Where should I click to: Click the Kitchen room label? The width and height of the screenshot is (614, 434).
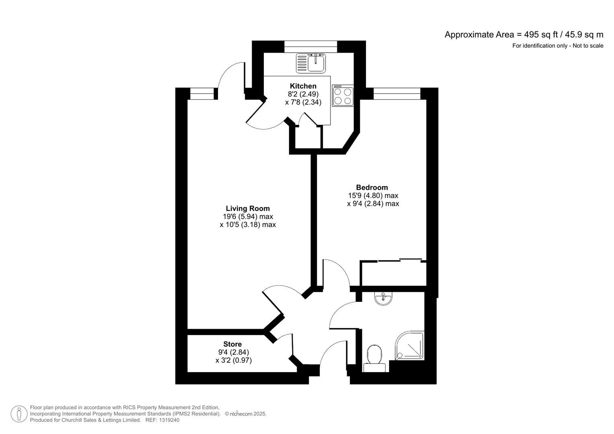(303, 86)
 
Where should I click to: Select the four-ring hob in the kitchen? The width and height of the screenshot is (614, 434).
(343, 96)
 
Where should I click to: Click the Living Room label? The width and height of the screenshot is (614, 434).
(248, 208)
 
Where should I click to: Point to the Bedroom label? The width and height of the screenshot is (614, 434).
(372, 187)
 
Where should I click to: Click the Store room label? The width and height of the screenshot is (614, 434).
(232, 344)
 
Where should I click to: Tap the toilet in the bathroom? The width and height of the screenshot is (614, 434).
(374, 357)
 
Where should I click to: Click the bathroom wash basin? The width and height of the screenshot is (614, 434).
(383, 298)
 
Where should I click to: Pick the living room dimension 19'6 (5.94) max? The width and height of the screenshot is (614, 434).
(248, 217)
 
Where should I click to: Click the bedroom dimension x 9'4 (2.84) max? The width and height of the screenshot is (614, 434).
(373, 204)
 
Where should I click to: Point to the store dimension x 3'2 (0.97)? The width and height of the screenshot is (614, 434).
(233, 360)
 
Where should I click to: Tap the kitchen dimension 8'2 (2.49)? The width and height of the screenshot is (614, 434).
(303, 94)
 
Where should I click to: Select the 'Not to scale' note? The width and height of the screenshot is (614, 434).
(588, 46)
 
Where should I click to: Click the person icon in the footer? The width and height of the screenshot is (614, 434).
(19, 414)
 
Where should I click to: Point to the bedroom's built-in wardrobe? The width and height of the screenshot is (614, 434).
(393, 273)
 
